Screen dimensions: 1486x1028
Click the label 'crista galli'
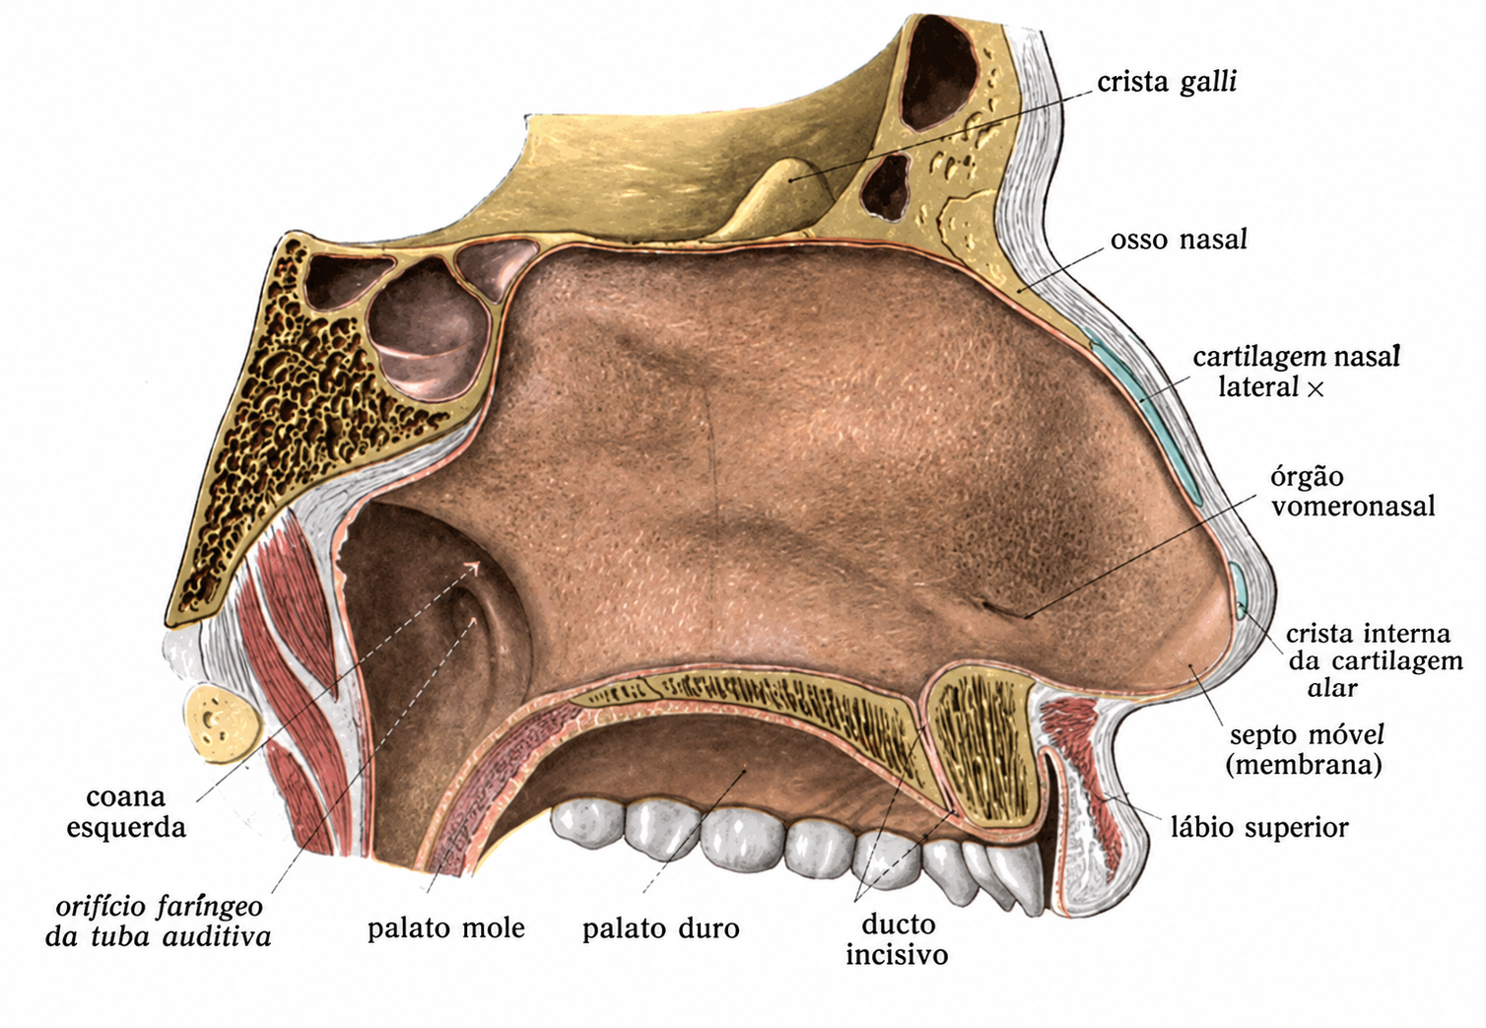[1167, 83]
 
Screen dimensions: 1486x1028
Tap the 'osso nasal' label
[1179, 240]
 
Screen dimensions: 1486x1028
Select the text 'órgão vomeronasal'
[1353, 492]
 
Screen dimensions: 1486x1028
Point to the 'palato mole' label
[445, 927]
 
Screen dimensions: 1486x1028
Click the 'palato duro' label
[661, 928]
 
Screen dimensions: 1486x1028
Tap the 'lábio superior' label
[1259, 828]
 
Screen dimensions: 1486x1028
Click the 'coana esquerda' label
[126, 811]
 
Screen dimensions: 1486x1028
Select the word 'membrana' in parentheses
[1304, 765]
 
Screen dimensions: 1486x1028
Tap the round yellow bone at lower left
[223, 724]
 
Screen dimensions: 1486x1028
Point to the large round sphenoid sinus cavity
[429, 329]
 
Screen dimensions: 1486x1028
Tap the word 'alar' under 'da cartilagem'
[1332, 688]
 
